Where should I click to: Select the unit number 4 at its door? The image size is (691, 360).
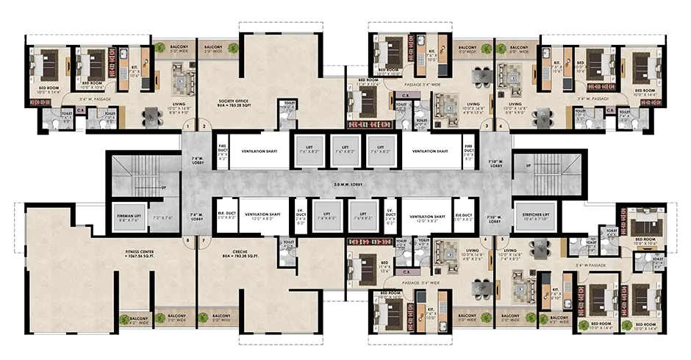tap(501, 127)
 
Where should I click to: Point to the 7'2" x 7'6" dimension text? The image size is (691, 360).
tap(162, 219)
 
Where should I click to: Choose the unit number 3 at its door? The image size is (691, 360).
tap(484, 127)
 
